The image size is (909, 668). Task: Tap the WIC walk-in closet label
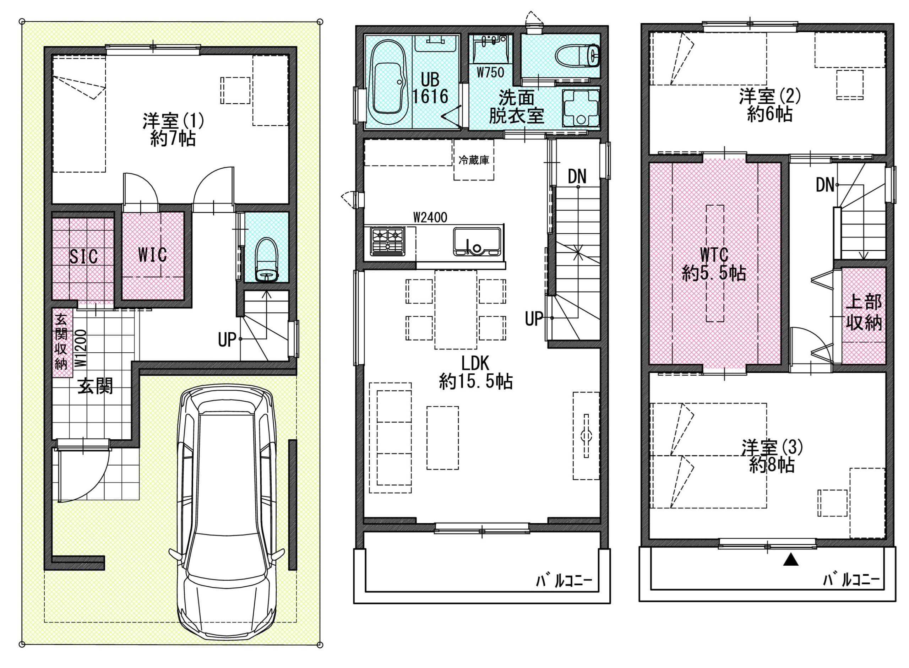(x=152, y=255)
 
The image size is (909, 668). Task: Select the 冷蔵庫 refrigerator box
(x=473, y=160)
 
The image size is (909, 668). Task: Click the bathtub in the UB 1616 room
(x=388, y=83)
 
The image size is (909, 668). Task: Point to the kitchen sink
(x=477, y=241)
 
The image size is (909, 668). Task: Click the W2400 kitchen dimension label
(x=430, y=218)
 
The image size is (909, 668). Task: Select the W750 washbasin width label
(x=490, y=72)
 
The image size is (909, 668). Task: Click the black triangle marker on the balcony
(x=791, y=560)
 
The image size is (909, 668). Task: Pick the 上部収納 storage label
(x=864, y=313)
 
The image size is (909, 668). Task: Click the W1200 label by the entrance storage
(x=81, y=348)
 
